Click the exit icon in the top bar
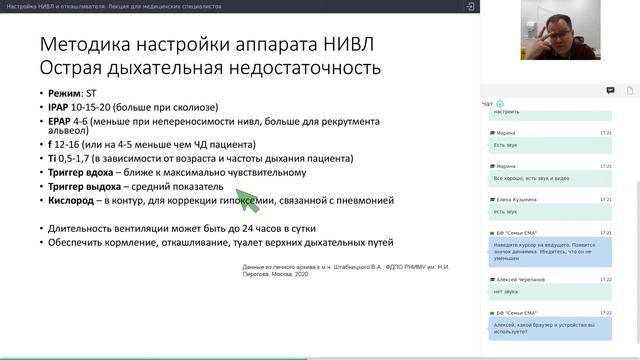pos(470,6)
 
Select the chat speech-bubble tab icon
pos(610,90)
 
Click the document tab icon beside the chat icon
pos(630,90)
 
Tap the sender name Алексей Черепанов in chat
pos(521,279)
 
